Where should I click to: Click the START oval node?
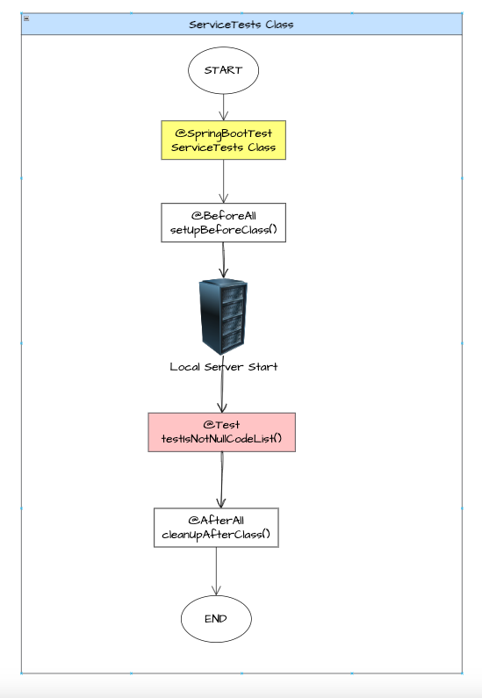(x=223, y=70)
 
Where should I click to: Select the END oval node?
(x=216, y=618)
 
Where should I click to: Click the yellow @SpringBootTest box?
(x=223, y=140)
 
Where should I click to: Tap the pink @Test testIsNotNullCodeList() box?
(x=222, y=432)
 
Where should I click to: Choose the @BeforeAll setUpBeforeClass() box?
(x=223, y=223)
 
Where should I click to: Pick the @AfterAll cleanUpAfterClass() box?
(x=216, y=527)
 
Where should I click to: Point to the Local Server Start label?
(x=223, y=366)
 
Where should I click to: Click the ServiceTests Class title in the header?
(x=241, y=25)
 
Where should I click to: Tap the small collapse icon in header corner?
(x=26, y=18)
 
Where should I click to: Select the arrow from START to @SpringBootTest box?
(x=223, y=106)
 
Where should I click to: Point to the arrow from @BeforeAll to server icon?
(x=223, y=260)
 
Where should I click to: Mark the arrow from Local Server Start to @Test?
(x=222, y=392)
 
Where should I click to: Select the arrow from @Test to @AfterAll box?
(x=220, y=479)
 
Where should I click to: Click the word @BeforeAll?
(x=223, y=215)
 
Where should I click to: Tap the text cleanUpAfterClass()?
(x=216, y=535)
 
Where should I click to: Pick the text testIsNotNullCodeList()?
(x=222, y=439)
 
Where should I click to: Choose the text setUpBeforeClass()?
(x=223, y=231)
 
